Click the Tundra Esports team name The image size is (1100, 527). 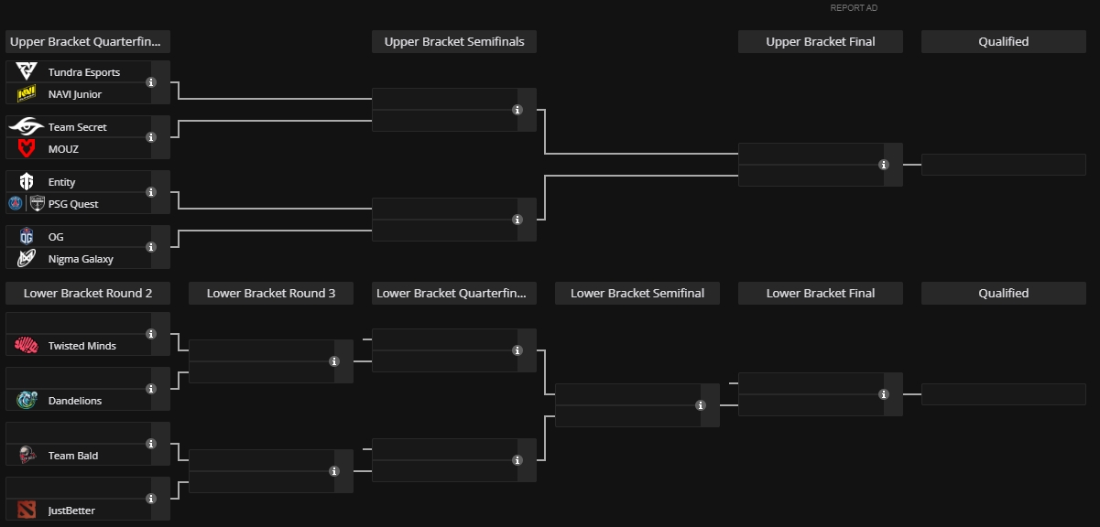pyautogui.click(x=84, y=72)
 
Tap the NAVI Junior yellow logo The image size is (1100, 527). pyautogui.click(x=27, y=93)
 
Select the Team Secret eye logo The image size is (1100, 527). pyautogui.click(x=27, y=126)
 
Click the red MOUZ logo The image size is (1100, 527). pyautogui.click(x=27, y=149)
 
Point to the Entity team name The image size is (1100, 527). pyautogui.click(x=61, y=182)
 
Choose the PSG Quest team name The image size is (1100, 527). pyautogui.click(x=73, y=204)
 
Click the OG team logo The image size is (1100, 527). pyautogui.click(x=27, y=237)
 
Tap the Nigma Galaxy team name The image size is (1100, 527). pyautogui.click(x=81, y=259)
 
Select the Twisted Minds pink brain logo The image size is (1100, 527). pyautogui.click(x=27, y=346)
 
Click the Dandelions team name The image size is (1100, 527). pyautogui.click(x=74, y=401)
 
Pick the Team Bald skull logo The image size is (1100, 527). pyautogui.click(x=27, y=455)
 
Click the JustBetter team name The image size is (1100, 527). pyautogui.click(x=71, y=511)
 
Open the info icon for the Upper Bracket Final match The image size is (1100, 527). pyautogui.click(x=884, y=165)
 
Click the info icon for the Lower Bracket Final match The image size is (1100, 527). pyautogui.click(x=884, y=394)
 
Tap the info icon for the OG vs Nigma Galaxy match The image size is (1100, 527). pyautogui.click(x=151, y=247)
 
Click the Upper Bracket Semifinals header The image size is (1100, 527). pyautogui.click(x=454, y=42)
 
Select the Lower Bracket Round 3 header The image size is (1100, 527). pyautogui.click(x=271, y=294)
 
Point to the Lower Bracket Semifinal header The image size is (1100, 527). pyautogui.click(x=637, y=294)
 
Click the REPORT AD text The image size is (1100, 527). pyautogui.click(x=854, y=8)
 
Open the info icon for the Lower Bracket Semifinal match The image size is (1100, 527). pyautogui.click(x=701, y=405)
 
